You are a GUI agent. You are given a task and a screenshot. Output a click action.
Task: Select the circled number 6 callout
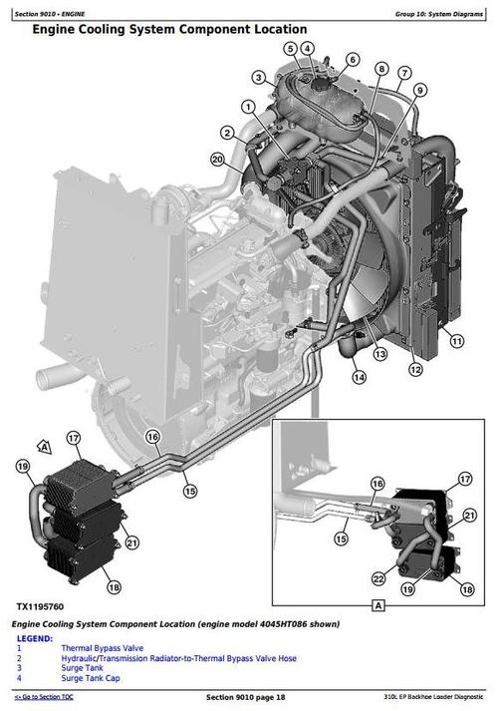(x=353, y=59)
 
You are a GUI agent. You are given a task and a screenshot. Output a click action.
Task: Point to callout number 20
(x=218, y=159)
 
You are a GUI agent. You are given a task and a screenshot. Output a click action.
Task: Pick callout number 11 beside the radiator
(x=456, y=341)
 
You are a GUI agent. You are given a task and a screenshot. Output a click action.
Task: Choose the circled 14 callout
(x=358, y=377)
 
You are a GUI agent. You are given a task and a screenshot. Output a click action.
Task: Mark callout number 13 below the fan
(x=379, y=354)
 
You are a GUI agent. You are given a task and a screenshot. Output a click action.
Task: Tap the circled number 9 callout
(x=421, y=89)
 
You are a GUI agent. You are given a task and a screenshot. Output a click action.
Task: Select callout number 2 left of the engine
(x=228, y=133)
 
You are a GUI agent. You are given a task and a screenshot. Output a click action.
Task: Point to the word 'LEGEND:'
(x=35, y=638)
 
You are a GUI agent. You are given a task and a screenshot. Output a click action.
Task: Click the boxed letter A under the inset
(x=377, y=604)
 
